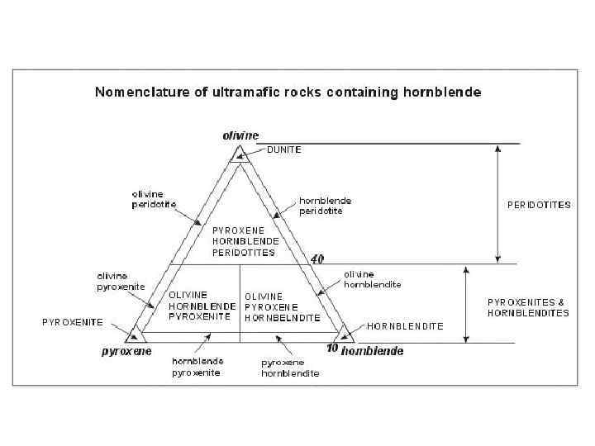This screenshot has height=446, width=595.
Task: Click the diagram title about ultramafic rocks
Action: click(288, 92)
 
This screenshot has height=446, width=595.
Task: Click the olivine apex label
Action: click(240, 135)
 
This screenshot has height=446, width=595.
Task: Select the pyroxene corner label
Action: click(126, 351)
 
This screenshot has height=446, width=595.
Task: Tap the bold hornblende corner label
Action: click(373, 351)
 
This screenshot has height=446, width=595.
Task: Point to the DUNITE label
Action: click(283, 150)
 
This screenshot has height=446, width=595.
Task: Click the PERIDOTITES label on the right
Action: click(538, 205)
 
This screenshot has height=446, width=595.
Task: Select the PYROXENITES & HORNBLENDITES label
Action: click(528, 307)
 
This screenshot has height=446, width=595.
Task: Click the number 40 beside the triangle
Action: click(317, 259)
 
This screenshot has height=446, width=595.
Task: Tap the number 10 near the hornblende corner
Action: click(332, 348)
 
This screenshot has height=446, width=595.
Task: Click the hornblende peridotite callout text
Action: click(325, 206)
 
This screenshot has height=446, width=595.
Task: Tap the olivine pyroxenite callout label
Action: click(121, 281)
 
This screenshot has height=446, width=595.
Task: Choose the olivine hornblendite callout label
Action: click(372, 279)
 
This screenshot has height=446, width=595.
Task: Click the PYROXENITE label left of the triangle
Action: click(73, 322)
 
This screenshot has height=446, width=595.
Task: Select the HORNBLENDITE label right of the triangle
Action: click(405, 326)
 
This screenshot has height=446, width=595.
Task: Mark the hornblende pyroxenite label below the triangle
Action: click(197, 367)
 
